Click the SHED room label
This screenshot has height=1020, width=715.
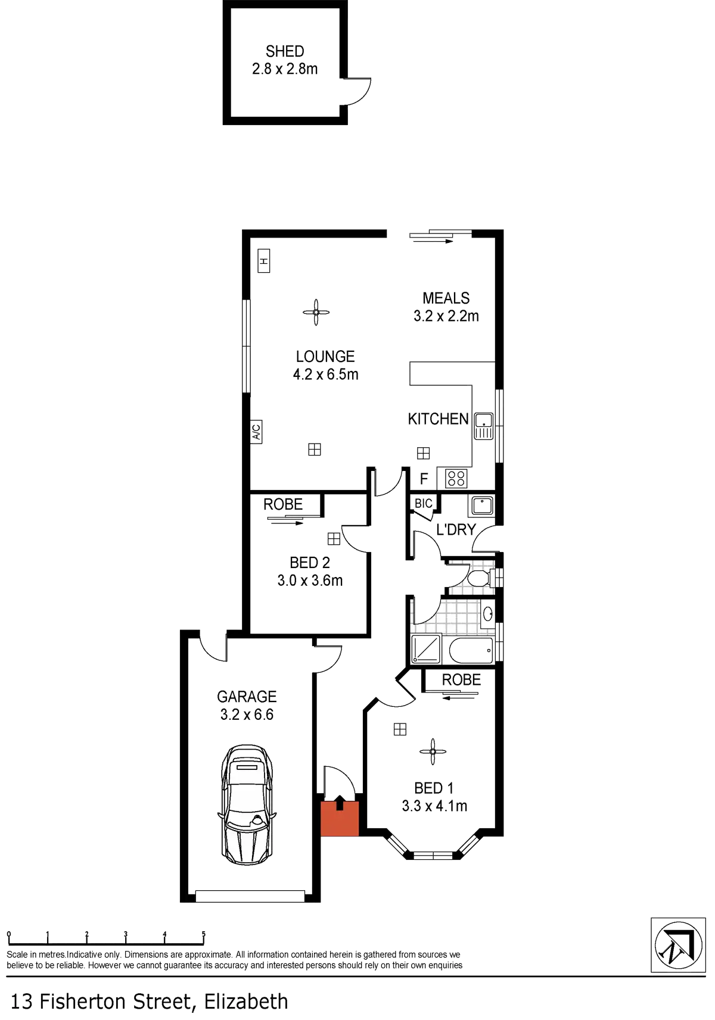[x=285, y=51]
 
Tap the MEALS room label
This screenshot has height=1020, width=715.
[x=446, y=298]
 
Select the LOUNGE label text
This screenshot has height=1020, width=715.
[x=325, y=356]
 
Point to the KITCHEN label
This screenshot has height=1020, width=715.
[x=437, y=419]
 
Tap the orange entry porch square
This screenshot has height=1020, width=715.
[x=340, y=818]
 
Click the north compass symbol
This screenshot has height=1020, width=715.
[x=672, y=943]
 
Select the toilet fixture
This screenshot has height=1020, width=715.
[x=479, y=578]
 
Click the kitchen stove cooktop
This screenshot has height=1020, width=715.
[x=457, y=478]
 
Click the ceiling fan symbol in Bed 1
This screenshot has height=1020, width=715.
[x=433, y=751]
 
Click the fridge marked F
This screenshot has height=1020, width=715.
[x=424, y=478]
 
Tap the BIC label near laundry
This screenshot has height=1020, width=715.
[x=424, y=504]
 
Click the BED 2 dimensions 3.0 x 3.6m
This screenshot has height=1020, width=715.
[x=310, y=580]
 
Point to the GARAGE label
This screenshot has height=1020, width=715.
[x=247, y=696]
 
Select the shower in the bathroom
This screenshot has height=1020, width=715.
[x=425, y=648]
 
